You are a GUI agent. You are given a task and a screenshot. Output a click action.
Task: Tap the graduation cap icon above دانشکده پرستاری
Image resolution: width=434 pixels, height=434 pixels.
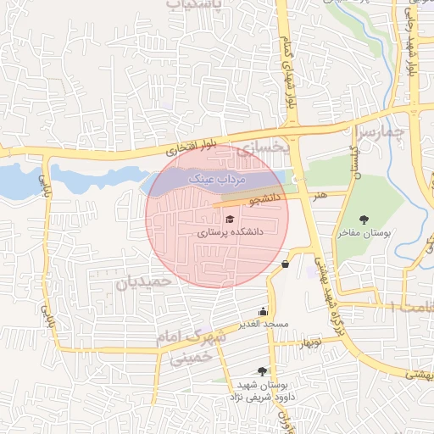tap(206, 220)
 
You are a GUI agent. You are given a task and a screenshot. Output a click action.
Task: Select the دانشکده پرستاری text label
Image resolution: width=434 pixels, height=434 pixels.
tap(231, 231)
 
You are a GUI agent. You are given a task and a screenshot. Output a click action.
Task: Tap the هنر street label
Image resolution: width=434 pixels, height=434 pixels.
tap(319, 195)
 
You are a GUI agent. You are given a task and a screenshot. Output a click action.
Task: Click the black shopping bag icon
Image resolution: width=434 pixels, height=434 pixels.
tap(284, 264)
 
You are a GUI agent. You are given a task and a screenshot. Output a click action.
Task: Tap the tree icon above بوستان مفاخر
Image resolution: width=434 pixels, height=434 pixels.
tap(364, 220)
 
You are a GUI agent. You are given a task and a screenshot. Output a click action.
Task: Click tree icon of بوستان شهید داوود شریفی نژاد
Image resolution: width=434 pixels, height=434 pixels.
tap(261, 371)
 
